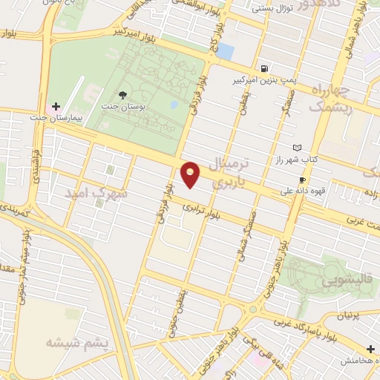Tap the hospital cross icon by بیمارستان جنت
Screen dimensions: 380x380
pyautogui.click(x=56, y=106)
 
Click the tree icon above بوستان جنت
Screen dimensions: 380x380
pyautogui.click(x=122, y=94)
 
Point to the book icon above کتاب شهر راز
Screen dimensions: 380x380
pyautogui.click(x=298, y=147)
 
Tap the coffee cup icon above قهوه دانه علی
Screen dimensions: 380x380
pyautogui.click(x=302, y=180)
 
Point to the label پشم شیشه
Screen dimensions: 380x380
pyautogui.click(x=76, y=343)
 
